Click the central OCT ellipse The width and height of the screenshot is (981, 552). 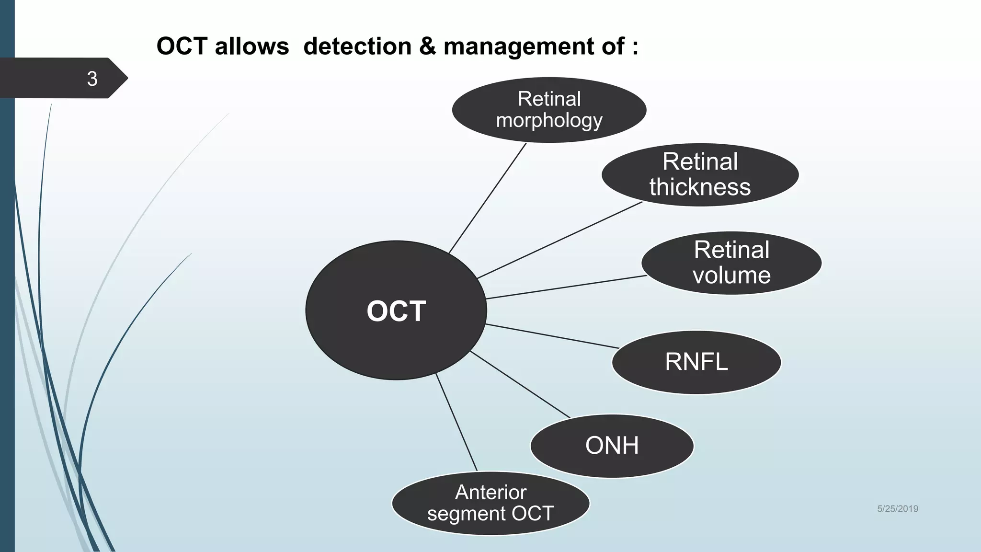396,310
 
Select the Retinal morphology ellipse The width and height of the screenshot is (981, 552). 549,110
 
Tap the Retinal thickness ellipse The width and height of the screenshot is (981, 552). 700,175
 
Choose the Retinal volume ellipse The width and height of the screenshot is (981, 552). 731,263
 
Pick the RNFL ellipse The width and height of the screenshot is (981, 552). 696,362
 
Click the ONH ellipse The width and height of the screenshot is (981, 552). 612,446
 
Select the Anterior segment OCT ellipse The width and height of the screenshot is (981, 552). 490,503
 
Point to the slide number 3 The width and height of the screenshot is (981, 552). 92,79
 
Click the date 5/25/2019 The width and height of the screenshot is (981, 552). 897,509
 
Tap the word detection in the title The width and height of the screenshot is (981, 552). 357,46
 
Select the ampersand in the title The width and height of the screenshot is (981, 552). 427,46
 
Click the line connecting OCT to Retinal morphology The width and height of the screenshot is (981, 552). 488,198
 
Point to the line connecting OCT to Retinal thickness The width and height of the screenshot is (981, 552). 559,240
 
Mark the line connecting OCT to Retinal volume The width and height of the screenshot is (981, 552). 566,287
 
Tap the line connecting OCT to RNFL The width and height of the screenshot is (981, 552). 552,336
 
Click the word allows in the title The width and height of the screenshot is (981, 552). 251,46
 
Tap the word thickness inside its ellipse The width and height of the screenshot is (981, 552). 700,187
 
